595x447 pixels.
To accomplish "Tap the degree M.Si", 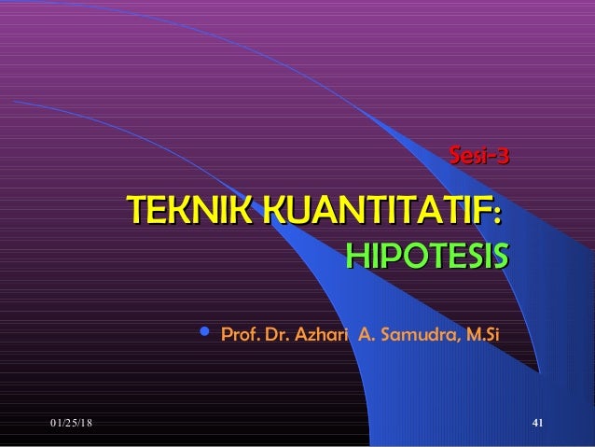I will (483, 333).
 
